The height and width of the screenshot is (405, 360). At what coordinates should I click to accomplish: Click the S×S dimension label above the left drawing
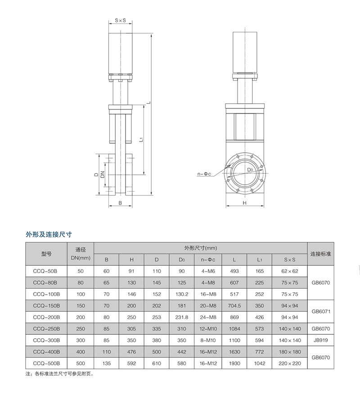[120, 21]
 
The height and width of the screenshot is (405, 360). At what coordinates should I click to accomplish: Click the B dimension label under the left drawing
[120, 203]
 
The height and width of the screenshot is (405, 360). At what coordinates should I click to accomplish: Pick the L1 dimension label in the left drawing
[141, 140]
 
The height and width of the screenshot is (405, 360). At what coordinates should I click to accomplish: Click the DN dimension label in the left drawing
[103, 174]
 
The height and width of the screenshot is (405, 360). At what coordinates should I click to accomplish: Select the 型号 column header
[46, 254]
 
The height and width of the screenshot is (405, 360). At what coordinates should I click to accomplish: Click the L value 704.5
[234, 306]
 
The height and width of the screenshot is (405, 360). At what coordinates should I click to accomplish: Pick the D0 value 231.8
[182, 317]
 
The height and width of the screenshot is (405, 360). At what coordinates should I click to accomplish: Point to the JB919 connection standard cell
[320, 340]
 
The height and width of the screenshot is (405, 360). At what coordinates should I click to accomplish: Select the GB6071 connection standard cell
[320, 311]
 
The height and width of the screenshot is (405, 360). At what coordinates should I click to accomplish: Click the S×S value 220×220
[289, 363]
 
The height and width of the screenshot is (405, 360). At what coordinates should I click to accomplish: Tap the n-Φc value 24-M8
[208, 317]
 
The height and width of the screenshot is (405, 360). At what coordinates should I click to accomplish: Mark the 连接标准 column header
[320, 254]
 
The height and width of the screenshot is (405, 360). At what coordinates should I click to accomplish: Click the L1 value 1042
[259, 363]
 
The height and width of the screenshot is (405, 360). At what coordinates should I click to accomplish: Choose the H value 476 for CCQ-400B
[131, 351]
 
